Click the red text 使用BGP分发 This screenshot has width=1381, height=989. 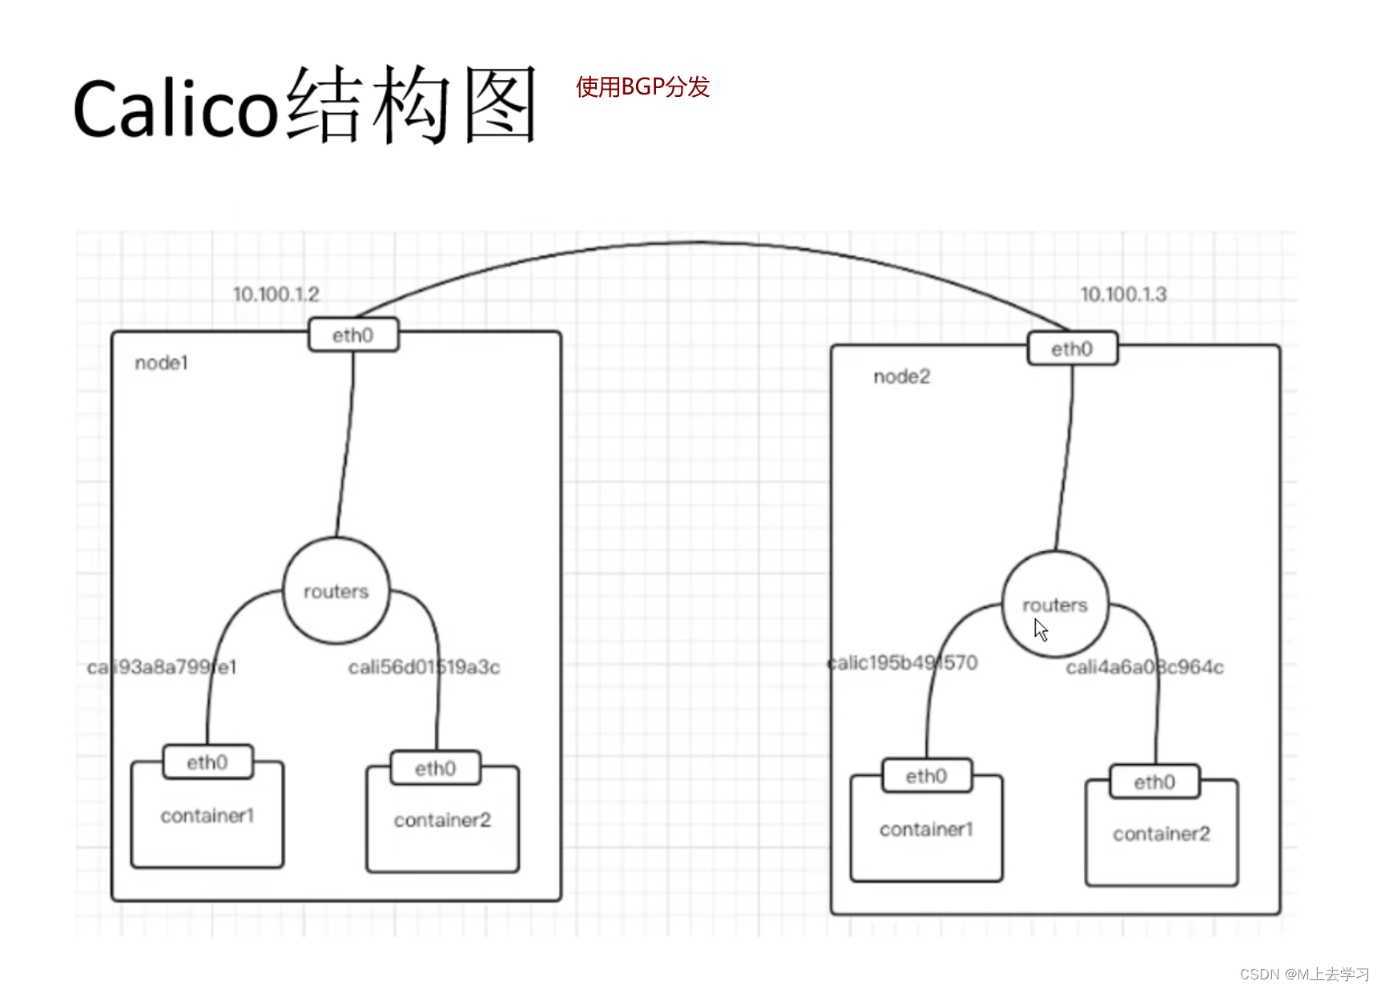click(642, 86)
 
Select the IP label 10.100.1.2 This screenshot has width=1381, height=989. click(276, 295)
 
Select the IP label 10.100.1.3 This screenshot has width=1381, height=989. click(1123, 295)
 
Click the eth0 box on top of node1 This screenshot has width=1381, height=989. click(353, 336)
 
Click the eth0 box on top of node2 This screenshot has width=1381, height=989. click(1072, 349)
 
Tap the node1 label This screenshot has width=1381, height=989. click(161, 364)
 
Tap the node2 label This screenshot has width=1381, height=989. click(901, 377)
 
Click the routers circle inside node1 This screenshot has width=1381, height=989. click(336, 592)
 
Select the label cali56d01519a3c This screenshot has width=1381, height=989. click(424, 667)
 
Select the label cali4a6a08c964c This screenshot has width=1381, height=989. click(1144, 667)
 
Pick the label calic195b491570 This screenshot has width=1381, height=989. click(903, 663)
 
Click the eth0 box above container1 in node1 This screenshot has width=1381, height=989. click(207, 762)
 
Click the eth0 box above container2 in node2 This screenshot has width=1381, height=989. click(1154, 782)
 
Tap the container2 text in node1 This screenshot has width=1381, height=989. click(442, 820)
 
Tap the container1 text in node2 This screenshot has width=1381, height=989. click(926, 830)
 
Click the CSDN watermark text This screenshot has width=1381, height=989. click(1304, 974)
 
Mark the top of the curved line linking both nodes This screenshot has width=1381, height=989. click(699, 243)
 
